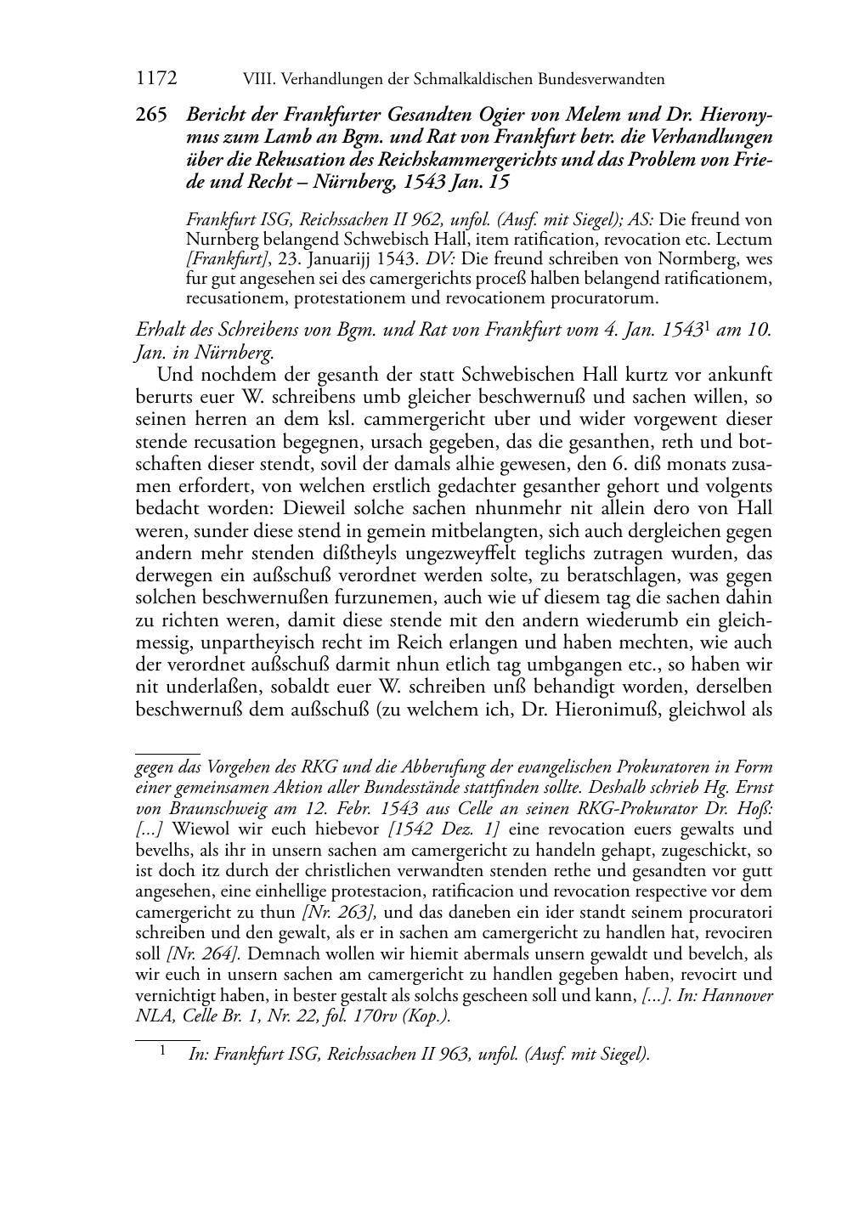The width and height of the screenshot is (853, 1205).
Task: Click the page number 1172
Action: (155, 79)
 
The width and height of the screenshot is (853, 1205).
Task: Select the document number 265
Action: (152, 115)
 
